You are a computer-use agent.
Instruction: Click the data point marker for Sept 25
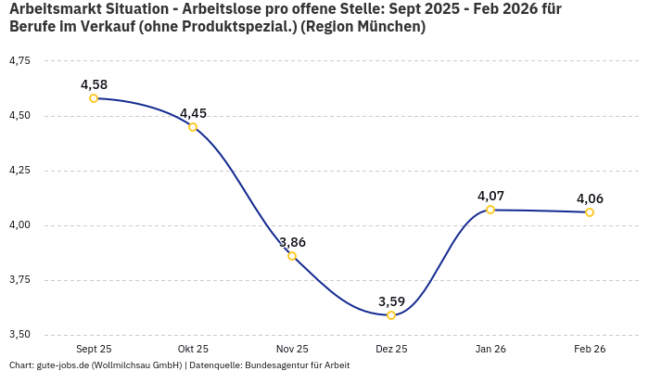click(94, 98)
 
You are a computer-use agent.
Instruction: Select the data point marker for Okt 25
click(193, 127)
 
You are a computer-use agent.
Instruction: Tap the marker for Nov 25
click(292, 256)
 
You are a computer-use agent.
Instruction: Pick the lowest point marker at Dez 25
click(391, 315)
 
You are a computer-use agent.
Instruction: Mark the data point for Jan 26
click(490, 210)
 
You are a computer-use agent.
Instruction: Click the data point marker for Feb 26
click(590, 212)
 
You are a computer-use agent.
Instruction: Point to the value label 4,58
click(94, 84)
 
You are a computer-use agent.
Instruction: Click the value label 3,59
click(391, 301)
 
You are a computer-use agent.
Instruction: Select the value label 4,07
click(490, 196)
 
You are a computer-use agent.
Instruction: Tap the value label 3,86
click(292, 242)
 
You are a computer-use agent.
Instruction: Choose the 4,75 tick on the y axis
click(19, 61)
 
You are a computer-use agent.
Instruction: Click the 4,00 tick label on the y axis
click(19, 225)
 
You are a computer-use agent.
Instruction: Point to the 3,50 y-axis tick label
click(19, 335)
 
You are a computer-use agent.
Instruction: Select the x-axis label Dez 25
click(391, 349)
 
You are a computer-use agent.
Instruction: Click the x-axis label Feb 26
click(590, 349)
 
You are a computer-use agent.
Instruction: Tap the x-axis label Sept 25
click(94, 349)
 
